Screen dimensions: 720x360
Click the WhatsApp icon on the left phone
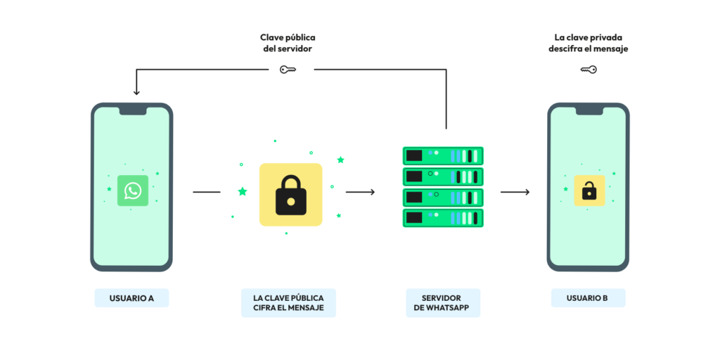click(133, 191)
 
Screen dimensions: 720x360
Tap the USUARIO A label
click(131, 298)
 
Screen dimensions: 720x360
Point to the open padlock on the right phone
click(589, 191)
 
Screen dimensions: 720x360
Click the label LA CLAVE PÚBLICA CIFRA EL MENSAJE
click(288, 303)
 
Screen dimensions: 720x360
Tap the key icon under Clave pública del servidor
click(288, 70)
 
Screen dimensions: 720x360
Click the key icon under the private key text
click(589, 70)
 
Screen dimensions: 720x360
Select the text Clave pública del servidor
click(288, 43)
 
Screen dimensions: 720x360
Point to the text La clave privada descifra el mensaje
click(589, 43)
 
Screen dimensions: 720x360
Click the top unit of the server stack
click(443, 155)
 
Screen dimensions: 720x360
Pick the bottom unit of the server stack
click(443, 218)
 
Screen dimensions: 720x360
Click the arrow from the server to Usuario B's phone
click(515, 192)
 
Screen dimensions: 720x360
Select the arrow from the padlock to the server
click(361, 192)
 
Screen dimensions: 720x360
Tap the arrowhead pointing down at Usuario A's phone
click(136, 92)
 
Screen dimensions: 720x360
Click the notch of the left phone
click(133, 110)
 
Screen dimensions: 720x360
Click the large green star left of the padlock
click(243, 191)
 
